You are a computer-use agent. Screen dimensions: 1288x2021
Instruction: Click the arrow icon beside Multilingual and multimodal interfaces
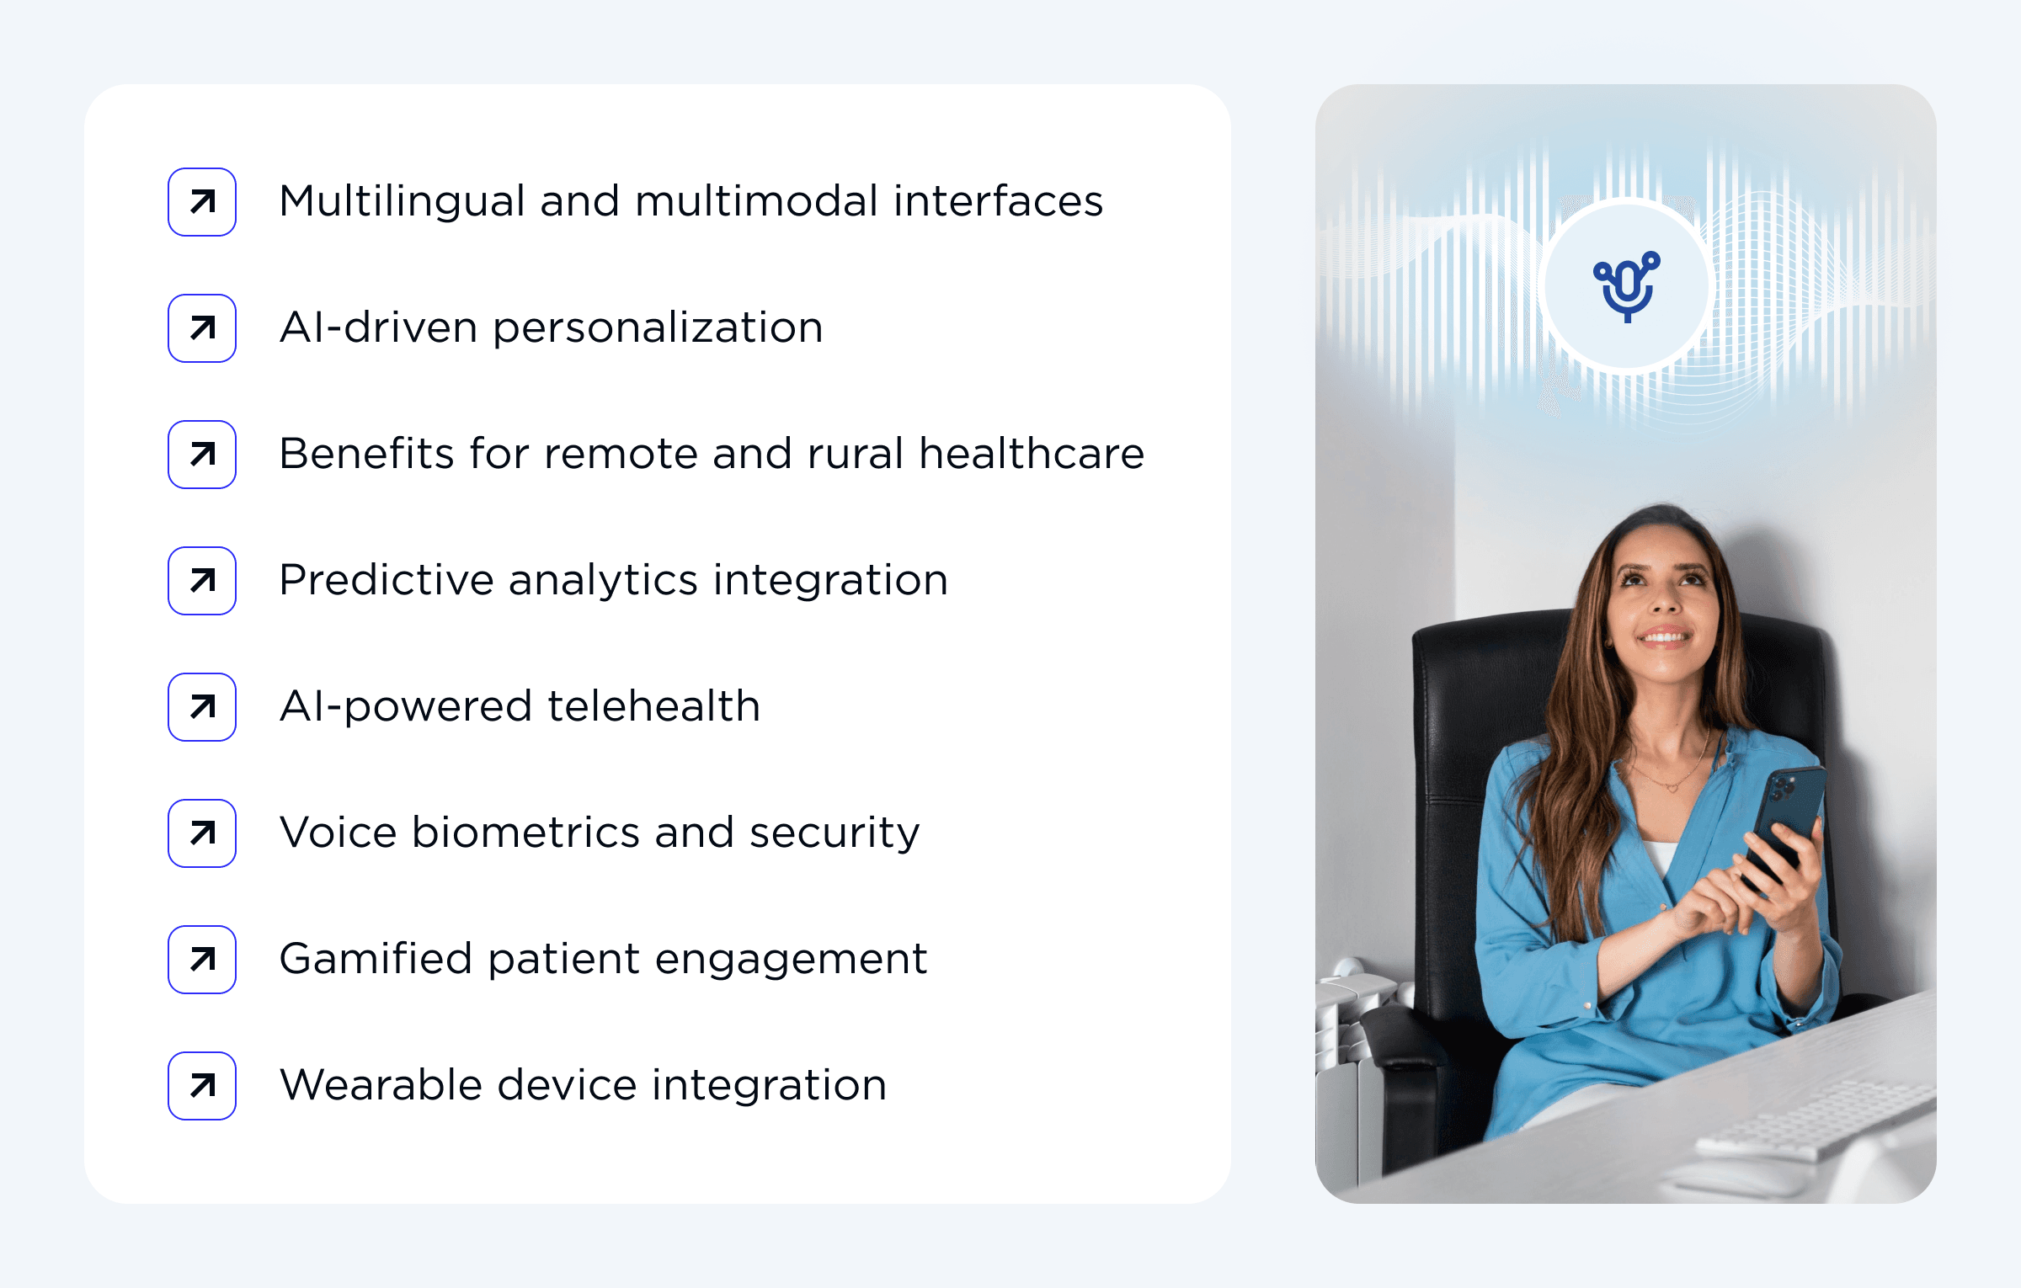(x=202, y=202)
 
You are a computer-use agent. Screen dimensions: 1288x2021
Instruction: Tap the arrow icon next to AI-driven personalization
(x=202, y=328)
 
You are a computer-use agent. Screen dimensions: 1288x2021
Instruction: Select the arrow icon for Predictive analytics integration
(x=202, y=581)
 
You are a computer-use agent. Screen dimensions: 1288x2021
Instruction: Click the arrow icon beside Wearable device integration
(x=202, y=1086)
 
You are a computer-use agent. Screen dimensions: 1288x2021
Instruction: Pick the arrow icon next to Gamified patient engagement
(x=202, y=960)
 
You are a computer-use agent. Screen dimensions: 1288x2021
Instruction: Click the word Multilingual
(x=402, y=202)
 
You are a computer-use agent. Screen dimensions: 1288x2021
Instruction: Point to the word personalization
(x=658, y=328)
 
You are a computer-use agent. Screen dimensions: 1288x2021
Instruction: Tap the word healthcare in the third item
(x=1032, y=455)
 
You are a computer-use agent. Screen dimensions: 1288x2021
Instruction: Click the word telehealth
(x=654, y=707)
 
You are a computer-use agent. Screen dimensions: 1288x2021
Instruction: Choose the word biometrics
(x=525, y=833)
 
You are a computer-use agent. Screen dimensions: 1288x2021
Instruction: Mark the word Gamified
(x=376, y=960)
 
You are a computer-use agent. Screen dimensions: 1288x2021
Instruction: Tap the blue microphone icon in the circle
(x=1627, y=286)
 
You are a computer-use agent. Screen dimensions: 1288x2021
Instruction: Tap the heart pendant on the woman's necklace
(x=1672, y=787)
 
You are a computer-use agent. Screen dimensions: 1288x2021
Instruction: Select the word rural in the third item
(x=855, y=455)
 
